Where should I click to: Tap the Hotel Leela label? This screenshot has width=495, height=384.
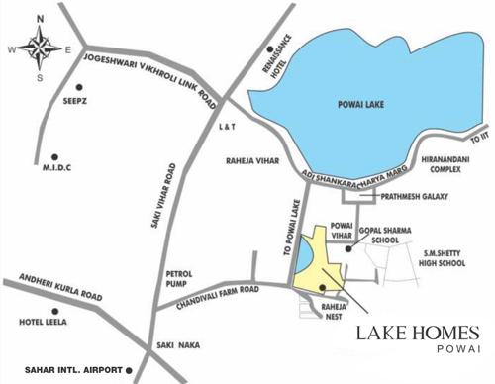click(44, 322)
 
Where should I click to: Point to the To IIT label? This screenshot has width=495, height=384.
click(478, 144)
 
